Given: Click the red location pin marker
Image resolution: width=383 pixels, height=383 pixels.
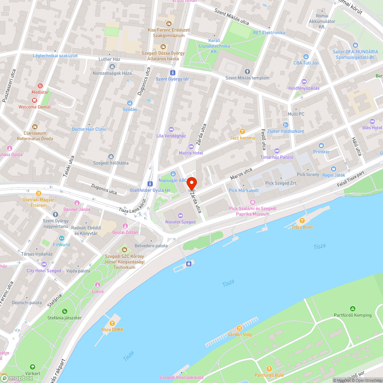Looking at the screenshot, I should (x=191, y=183).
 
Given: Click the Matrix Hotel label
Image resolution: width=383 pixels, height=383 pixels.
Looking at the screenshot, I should (x=191, y=153).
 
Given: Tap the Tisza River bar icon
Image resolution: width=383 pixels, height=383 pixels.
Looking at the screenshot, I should (x=302, y=221).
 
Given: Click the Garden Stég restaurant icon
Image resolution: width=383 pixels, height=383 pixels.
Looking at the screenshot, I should (x=239, y=328).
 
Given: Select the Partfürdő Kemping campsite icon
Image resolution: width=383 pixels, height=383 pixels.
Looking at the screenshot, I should (x=353, y=309).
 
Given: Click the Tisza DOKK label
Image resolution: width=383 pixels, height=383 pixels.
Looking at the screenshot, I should (x=112, y=330).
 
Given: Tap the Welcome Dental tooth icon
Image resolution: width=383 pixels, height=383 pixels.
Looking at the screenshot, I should (x=34, y=100).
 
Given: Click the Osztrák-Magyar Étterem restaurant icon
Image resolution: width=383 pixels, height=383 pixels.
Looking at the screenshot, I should (x=38, y=193).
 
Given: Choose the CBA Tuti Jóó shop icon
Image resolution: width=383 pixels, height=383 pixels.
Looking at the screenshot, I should (x=306, y=56).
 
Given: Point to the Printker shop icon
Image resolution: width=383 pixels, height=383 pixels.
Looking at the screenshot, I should (x=321, y=146).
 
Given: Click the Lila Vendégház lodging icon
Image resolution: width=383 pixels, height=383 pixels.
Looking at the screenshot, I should (x=171, y=129).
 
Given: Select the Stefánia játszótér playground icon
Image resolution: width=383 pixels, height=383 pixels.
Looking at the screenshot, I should (x=64, y=311).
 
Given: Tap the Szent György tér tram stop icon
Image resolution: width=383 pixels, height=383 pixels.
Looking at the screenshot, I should (x=173, y=72).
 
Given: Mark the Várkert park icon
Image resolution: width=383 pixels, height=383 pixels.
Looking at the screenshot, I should (x=32, y=367).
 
